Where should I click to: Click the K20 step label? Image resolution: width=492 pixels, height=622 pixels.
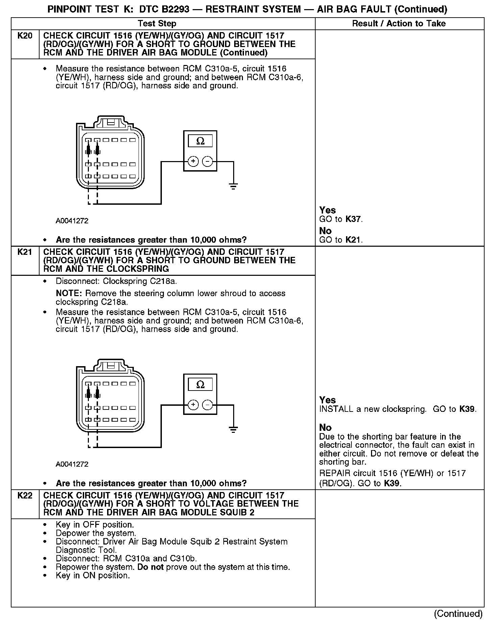coord(25,36)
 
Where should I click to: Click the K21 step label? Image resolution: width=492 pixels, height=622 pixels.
coord(25,252)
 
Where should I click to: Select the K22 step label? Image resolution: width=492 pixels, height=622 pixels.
coord(25,495)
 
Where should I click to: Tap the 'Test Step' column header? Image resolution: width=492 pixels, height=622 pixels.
coord(157,23)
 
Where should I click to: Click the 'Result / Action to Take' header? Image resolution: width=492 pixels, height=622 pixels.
coord(399,23)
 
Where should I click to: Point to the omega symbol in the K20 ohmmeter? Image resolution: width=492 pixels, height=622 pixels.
coord(200,141)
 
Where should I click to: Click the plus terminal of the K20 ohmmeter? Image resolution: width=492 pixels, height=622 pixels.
coord(193,161)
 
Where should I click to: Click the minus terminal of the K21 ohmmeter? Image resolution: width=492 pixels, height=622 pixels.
coord(207,405)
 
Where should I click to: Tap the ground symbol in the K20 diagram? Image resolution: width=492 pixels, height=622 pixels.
coord(233,186)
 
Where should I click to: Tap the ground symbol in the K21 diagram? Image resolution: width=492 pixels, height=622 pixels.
coord(233,430)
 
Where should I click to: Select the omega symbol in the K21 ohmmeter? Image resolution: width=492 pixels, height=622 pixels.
coord(200,384)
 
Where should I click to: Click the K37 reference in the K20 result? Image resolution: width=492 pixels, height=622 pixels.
coord(353,219)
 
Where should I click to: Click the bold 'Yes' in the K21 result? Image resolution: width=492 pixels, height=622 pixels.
coord(327,400)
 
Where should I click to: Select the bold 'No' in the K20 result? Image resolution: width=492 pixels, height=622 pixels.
coord(325,231)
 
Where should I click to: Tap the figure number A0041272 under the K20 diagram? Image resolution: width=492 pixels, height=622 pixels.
coord(72,221)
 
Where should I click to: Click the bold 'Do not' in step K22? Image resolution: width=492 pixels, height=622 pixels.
coord(150,567)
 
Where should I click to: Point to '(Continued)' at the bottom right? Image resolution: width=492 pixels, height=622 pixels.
coord(458,614)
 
